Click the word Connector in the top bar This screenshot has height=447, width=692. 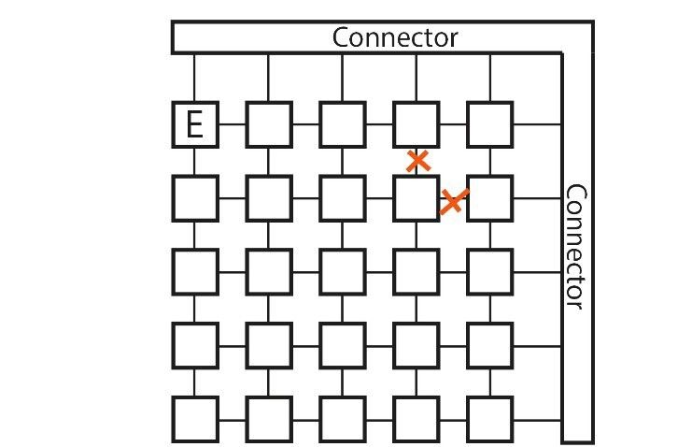pyautogui.click(x=395, y=37)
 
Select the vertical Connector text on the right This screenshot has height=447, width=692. pyautogui.click(x=575, y=248)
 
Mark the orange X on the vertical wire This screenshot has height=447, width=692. pyautogui.click(x=418, y=161)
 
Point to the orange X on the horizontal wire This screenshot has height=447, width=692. pyautogui.click(x=453, y=200)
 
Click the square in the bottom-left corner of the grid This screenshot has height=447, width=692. pyautogui.click(x=195, y=419)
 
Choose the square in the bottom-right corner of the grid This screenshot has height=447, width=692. pyautogui.click(x=489, y=419)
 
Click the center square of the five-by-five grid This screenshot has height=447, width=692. pyautogui.click(x=342, y=271)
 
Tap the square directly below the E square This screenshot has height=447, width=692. pyautogui.click(x=195, y=197)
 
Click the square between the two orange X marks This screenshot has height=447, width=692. pyautogui.click(x=416, y=197)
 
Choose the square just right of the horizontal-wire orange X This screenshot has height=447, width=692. pyautogui.click(x=489, y=197)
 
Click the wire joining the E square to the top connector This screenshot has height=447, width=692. pyautogui.click(x=195, y=78)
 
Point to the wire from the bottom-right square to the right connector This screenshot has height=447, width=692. pyautogui.click(x=537, y=419)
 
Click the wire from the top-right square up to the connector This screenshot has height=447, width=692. pyautogui.click(x=489, y=78)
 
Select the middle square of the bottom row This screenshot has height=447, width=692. pyautogui.click(x=342, y=419)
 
